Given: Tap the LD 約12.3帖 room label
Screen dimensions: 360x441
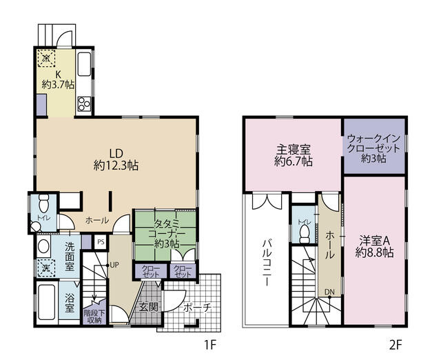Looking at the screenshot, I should (116, 159).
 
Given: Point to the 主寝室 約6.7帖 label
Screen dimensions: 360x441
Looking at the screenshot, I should (294, 155).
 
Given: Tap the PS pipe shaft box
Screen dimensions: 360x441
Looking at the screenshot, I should (101, 242).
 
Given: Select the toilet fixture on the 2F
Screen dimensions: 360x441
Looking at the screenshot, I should (303, 232).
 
